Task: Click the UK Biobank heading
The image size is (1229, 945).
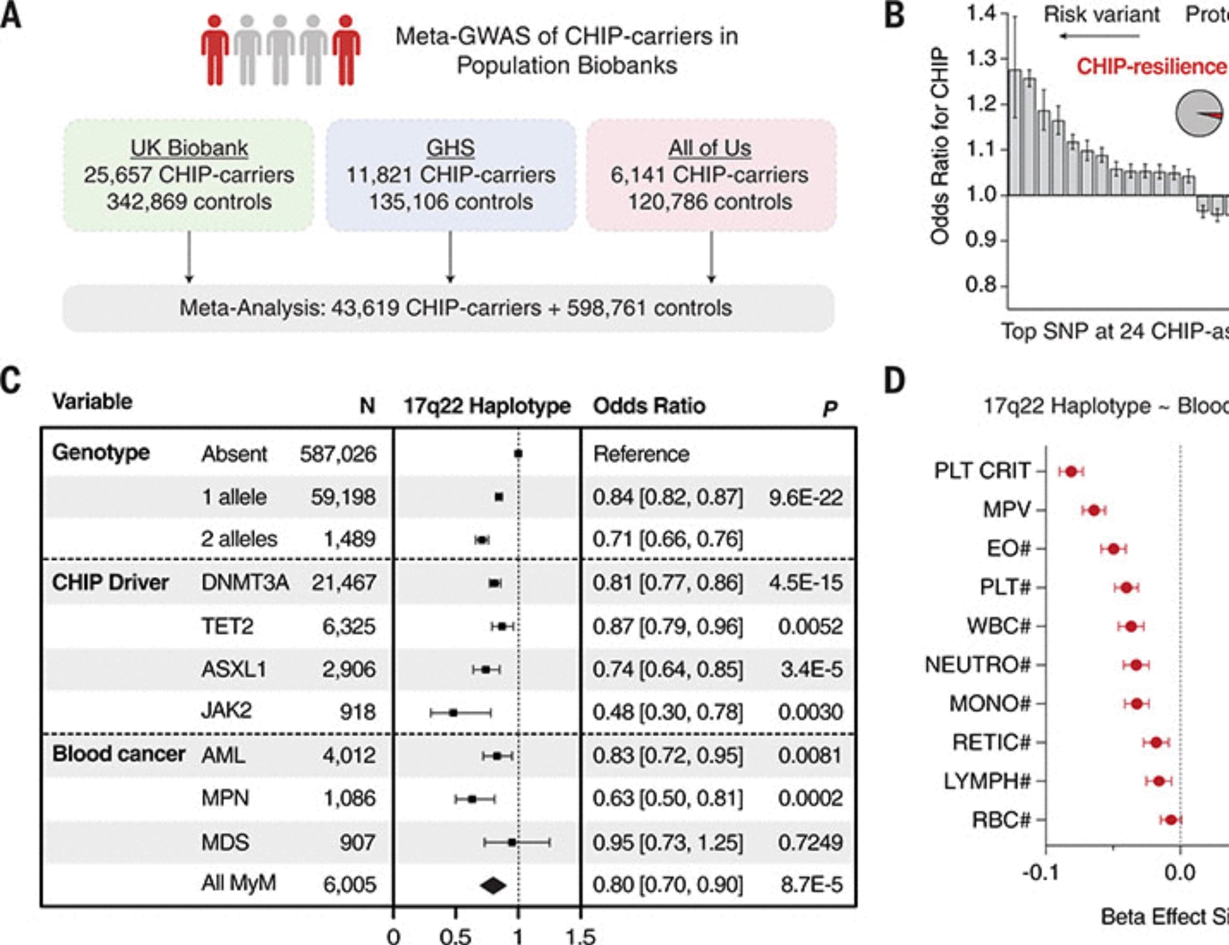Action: point(189,148)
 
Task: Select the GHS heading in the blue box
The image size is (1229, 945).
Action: point(450,148)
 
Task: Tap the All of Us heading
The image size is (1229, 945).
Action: point(710,148)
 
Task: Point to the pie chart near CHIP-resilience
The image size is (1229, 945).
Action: point(1198,114)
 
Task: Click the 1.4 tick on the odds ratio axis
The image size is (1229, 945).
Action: point(981,13)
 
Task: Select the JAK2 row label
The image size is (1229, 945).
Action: point(226,711)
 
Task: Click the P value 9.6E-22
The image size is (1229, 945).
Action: point(806,497)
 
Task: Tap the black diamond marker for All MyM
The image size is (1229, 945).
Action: point(493,885)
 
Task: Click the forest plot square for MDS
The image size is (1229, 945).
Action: point(512,842)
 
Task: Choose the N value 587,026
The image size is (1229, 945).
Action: point(338,454)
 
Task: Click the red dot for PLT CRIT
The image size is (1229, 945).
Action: point(1072,471)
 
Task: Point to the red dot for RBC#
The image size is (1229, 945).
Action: point(1171,820)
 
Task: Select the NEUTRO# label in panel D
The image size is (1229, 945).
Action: point(977,665)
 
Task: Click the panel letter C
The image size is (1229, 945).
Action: point(11,380)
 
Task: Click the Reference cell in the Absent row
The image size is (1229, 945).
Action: point(641,454)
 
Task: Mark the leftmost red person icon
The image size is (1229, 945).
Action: point(214,50)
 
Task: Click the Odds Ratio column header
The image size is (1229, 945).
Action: point(649,406)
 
